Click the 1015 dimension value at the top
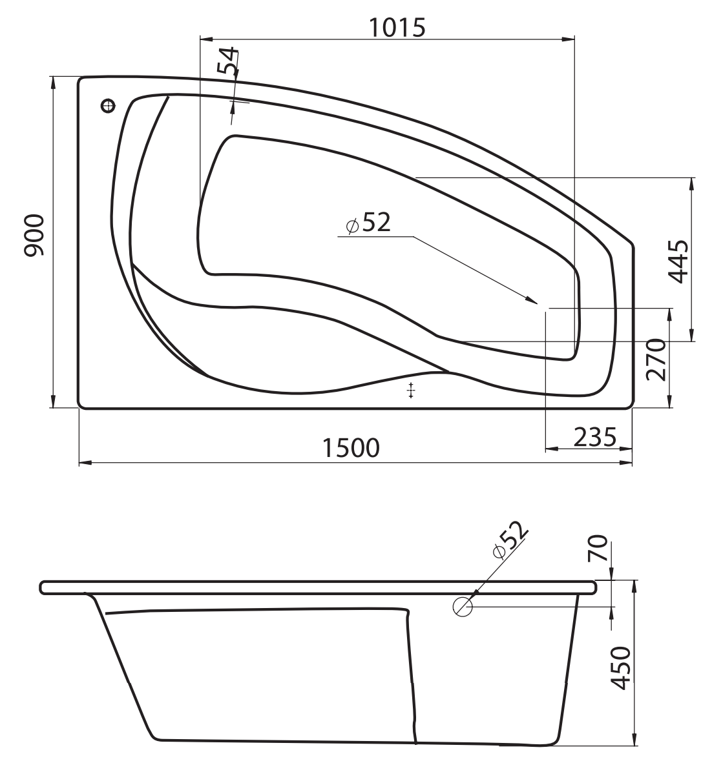click(397, 28)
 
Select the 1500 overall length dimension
click(351, 447)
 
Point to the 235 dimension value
click(595, 436)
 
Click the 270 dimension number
click(656, 360)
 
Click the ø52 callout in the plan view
click(368, 223)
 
